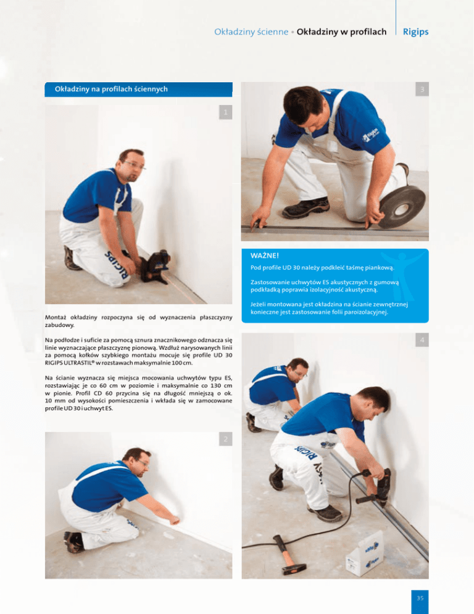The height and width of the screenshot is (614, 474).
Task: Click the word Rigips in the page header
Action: tap(416, 32)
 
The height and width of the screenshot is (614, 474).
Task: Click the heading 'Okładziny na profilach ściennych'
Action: tap(111, 90)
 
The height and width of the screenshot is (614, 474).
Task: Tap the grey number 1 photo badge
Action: tap(225, 112)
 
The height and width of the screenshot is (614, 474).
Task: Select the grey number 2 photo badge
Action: tap(225, 439)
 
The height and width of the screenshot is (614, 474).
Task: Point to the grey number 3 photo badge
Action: tap(422, 89)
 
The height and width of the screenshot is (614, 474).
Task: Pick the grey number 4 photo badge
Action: tap(422, 340)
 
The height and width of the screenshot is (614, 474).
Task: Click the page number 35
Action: tap(420, 599)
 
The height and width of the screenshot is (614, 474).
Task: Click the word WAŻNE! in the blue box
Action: tap(265, 256)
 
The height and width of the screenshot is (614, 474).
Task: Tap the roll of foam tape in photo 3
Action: tap(402, 207)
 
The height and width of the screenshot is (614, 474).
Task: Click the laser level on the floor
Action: tap(156, 266)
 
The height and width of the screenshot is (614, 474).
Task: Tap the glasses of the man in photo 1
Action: tap(135, 166)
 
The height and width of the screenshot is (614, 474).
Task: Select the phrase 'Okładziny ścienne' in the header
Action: tap(251, 32)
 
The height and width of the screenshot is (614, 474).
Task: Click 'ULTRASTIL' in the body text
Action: tap(80, 363)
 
